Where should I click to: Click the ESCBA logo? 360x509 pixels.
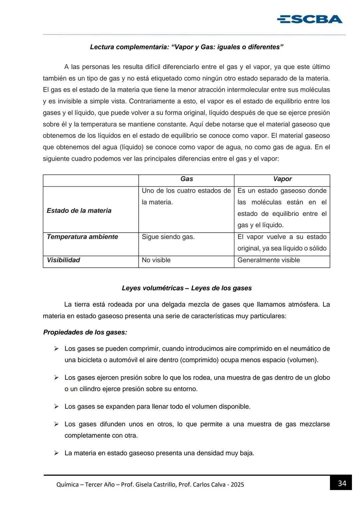click(x=309, y=19)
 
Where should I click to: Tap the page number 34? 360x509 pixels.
click(x=342, y=483)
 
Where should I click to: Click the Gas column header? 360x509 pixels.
click(x=186, y=179)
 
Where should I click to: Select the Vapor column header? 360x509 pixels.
click(x=282, y=179)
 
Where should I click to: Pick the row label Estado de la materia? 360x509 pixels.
click(x=79, y=211)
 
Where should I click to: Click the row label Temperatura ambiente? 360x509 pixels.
click(x=82, y=237)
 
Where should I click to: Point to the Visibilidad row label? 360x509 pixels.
click(x=63, y=260)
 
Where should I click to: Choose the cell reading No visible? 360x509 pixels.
click(x=156, y=260)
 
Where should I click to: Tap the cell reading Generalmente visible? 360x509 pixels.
click(x=268, y=260)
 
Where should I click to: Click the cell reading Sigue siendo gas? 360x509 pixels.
click(x=168, y=237)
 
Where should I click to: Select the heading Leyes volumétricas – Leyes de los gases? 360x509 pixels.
click(x=187, y=288)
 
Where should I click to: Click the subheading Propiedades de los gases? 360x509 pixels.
click(x=85, y=332)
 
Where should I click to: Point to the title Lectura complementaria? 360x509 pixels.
click(x=187, y=47)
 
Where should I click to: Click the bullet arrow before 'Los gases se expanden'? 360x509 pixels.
click(x=57, y=406)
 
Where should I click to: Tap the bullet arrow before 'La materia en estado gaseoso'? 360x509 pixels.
click(x=57, y=453)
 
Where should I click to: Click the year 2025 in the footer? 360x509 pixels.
click(x=237, y=485)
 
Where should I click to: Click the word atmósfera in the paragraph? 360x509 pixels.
click(x=301, y=304)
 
